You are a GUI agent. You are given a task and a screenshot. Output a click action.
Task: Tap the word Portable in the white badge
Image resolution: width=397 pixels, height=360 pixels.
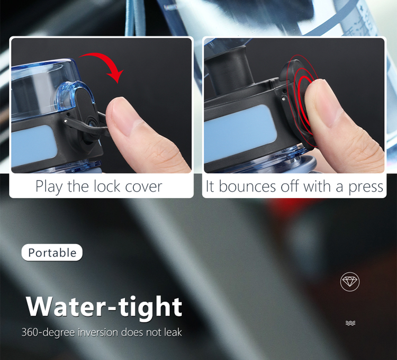[52, 253]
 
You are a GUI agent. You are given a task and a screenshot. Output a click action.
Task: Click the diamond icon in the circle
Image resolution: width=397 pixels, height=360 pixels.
[350, 282]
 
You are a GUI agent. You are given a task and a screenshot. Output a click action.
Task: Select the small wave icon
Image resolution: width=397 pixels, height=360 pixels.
[350, 323]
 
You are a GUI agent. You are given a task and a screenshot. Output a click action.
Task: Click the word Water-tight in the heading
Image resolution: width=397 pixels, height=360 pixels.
[104, 307]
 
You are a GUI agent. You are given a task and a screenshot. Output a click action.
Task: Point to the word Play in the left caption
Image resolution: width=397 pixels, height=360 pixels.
[49, 187]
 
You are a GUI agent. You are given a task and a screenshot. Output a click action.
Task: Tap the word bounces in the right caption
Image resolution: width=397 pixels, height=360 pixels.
[247, 186]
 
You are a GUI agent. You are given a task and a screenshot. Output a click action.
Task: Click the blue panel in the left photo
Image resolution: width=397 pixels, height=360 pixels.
[33, 145]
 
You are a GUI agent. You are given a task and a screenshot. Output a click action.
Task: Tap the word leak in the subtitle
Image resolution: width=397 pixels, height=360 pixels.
[173, 332]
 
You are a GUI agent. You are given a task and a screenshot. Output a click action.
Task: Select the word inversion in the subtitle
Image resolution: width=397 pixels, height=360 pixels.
[98, 332]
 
